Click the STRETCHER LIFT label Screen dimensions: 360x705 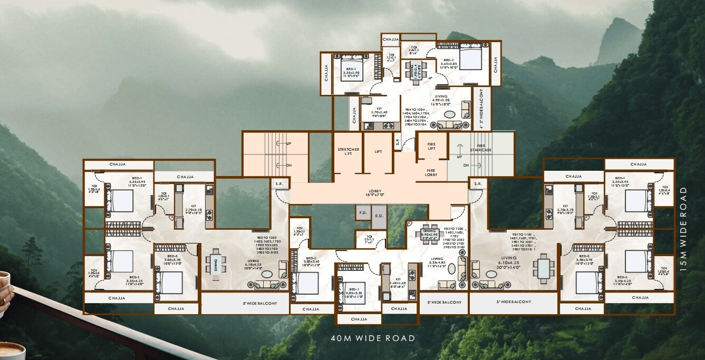[x=348, y=152]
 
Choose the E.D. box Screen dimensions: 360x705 [x=379, y=215]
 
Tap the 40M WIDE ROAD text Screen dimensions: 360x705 [x=373, y=338]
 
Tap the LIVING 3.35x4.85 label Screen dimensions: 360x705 [x=438, y=261]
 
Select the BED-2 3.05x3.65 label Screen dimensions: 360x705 [x=312, y=261]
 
